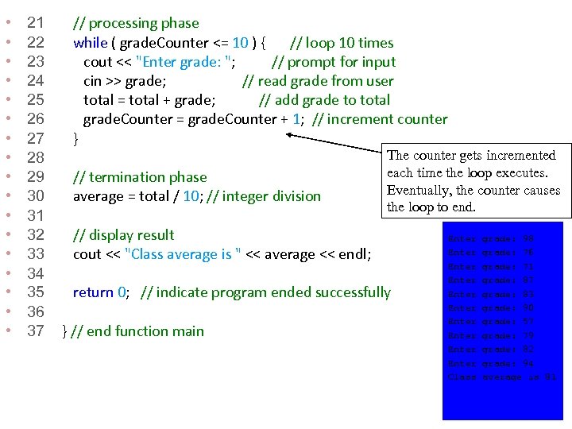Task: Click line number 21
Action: tap(36, 23)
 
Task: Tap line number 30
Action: tap(36, 196)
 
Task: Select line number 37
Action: tap(36, 331)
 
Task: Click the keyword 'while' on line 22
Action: tap(91, 43)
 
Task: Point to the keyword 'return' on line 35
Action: tap(93, 292)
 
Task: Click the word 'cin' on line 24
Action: tap(94, 81)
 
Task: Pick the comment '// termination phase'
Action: tap(140, 177)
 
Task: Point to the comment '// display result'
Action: tap(123, 235)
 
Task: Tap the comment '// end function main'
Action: tap(137, 331)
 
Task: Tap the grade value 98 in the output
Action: tap(528, 238)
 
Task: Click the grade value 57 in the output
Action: tap(528, 321)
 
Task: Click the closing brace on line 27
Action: tap(76, 139)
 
